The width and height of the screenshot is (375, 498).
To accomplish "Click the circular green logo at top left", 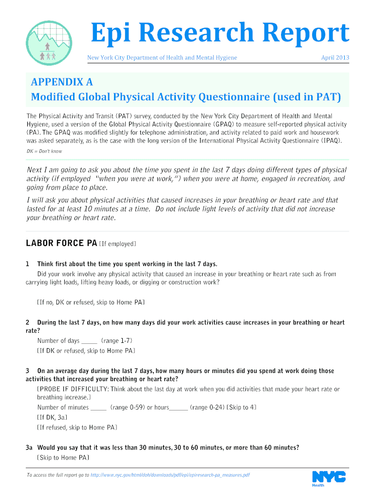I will coord(48,43).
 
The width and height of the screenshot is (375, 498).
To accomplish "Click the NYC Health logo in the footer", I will coord(329,478).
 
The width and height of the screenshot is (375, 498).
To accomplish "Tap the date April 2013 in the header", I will coord(335,58).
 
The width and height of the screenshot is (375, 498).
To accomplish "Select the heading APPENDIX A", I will coord(62,82).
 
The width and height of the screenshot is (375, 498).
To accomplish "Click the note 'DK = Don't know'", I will coord(44,151).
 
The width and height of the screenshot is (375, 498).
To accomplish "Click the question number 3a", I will coord(29,447).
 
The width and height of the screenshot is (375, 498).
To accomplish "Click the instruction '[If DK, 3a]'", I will coord(52,418).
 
